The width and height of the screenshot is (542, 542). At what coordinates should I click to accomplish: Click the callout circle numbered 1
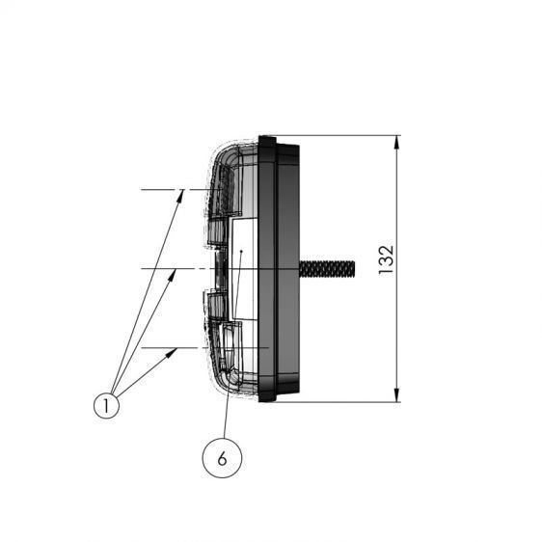point(106,405)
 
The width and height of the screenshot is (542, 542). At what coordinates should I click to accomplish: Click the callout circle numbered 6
point(222,458)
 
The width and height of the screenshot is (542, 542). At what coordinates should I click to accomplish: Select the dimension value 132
point(386,260)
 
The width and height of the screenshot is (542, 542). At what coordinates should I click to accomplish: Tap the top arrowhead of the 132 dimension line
point(396,143)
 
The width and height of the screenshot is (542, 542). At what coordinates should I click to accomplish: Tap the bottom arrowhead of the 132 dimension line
point(396,395)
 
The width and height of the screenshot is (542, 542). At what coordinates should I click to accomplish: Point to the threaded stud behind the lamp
point(327,269)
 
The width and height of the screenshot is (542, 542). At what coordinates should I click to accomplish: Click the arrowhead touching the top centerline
point(180,196)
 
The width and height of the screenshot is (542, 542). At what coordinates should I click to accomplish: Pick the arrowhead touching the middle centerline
point(173,275)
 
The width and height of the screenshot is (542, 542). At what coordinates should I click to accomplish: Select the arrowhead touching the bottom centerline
point(172,353)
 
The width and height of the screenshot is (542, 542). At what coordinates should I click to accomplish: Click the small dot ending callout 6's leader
point(242,251)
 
